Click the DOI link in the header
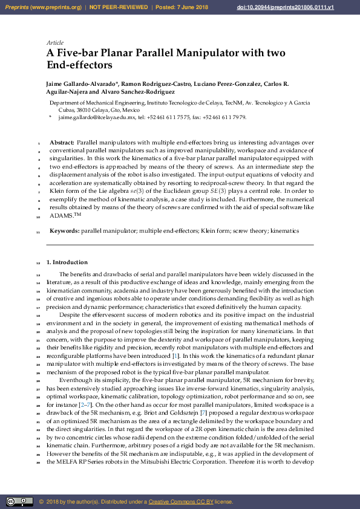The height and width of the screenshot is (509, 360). [x=312, y=7]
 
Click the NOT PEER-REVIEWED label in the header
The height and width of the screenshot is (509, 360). [x=119, y=7]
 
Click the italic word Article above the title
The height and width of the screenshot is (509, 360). [x=54, y=43]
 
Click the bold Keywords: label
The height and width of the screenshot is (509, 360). [x=64, y=231]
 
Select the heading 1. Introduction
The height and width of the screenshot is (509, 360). [x=67, y=262]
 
